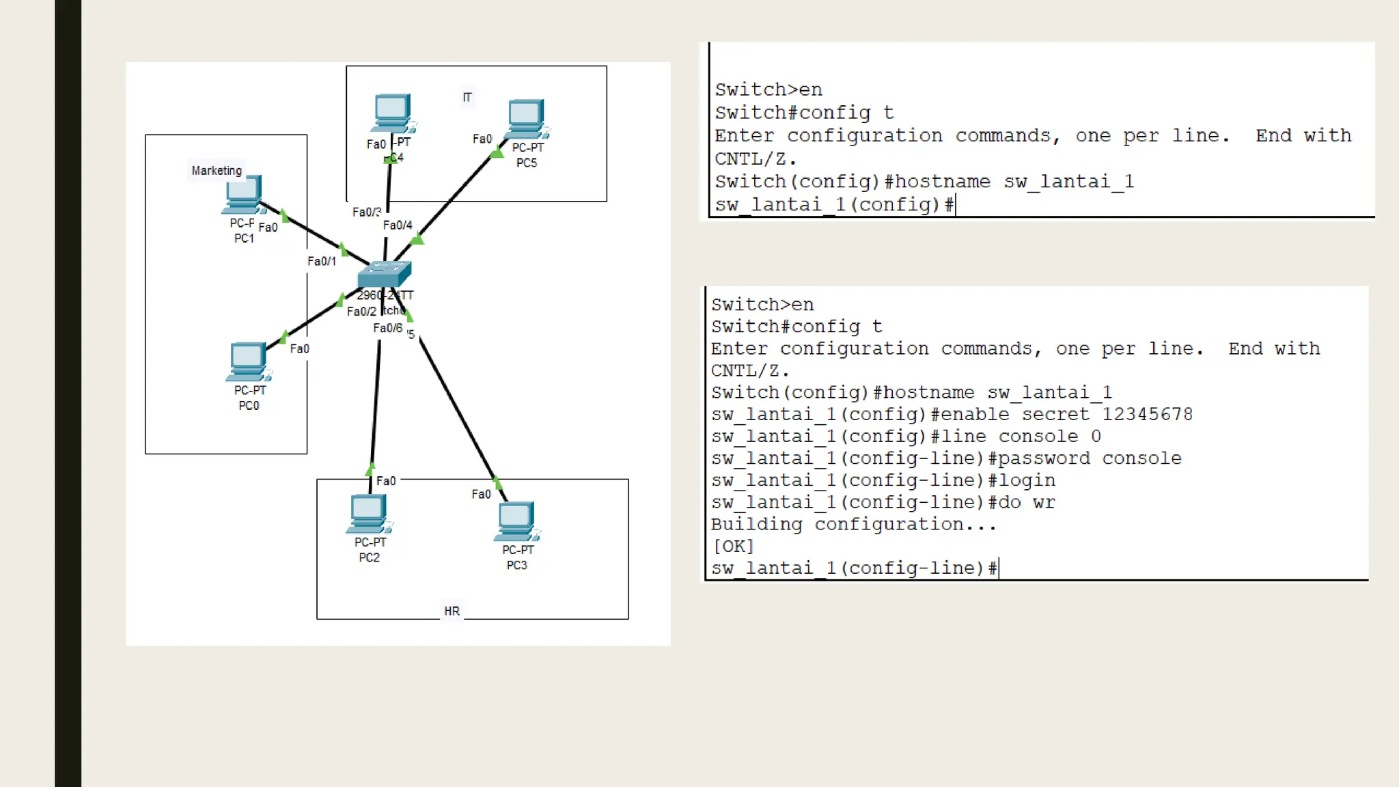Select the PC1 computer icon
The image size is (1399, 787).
(x=243, y=195)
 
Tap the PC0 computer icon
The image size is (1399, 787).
(x=248, y=361)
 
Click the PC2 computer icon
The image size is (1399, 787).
(x=368, y=513)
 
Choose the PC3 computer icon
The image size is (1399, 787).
(x=516, y=521)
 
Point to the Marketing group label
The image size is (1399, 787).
(x=217, y=170)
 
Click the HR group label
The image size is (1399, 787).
(x=452, y=611)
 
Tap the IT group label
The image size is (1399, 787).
(x=467, y=98)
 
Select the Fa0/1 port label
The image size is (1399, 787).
(x=322, y=261)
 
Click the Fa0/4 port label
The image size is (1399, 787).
(x=398, y=225)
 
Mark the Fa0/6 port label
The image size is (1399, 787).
(x=387, y=328)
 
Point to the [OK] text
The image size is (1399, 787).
(x=732, y=547)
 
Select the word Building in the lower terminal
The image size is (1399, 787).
(x=756, y=525)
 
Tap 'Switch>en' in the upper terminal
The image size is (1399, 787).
(x=768, y=89)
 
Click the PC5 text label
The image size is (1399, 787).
(x=527, y=163)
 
